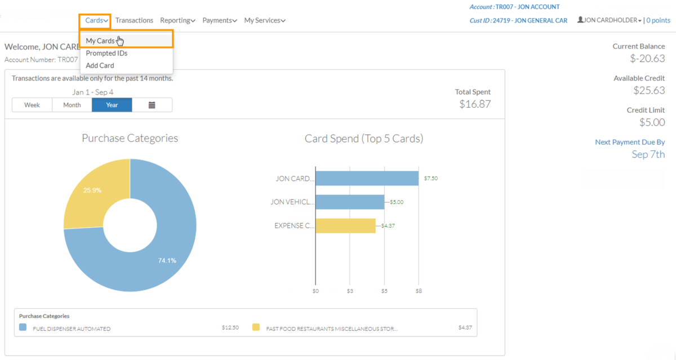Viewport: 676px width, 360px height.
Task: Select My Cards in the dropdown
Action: pos(100,41)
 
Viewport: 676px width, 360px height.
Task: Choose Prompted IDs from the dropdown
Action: pos(106,53)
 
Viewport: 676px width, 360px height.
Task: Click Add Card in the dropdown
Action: pos(100,65)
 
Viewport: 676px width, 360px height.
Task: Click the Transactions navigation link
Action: pos(134,20)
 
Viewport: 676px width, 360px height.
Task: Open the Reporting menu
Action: pos(177,20)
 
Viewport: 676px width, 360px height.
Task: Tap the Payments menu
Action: pos(220,20)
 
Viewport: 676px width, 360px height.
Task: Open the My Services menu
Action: pos(264,20)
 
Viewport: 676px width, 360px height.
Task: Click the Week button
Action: pos(32,105)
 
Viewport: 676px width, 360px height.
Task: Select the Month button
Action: pos(72,105)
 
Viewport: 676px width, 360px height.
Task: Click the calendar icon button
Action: pos(152,105)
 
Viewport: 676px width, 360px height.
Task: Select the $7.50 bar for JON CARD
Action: pos(367,178)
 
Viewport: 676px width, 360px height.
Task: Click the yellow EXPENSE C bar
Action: pos(345,225)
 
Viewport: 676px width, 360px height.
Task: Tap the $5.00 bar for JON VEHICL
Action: pos(350,202)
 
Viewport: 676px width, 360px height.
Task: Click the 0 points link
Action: pos(658,20)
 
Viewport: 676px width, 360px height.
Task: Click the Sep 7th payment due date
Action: pos(648,154)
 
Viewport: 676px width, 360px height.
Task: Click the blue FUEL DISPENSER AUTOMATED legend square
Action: pos(23,327)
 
